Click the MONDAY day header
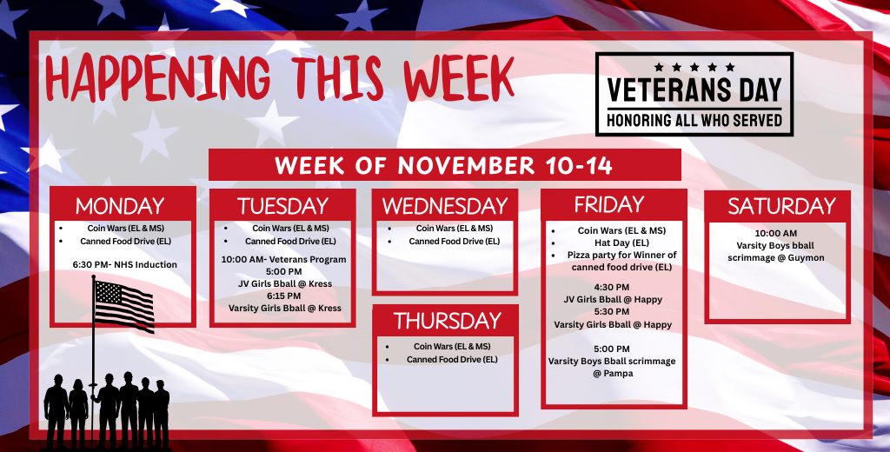[120, 206]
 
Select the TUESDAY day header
[282, 206]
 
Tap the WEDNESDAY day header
[445, 206]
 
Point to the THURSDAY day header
[445, 321]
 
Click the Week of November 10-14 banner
[444, 164]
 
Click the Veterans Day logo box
[694, 94]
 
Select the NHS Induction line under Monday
[121, 264]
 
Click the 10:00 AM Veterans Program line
[283, 259]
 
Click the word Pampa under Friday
[614, 373]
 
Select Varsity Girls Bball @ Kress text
[284, 308]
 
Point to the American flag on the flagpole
[124, 304]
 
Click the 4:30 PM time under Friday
[611, 287]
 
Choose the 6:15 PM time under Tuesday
[282, 296]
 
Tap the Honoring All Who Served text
[694, 120]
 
